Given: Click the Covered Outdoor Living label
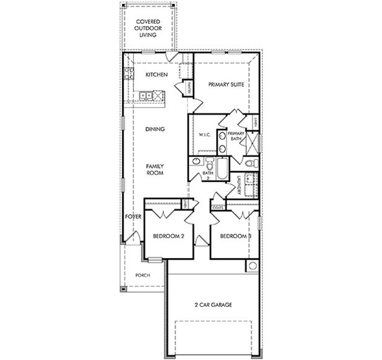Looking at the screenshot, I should pyautogui.click(x=148, y=28).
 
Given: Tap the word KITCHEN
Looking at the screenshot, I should pyautogui.click(x=156, y=75).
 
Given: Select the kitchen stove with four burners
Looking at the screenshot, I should pyautogui.click(x=129, y=73).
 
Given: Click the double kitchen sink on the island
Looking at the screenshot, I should pyautogui.click(x=146, y=95).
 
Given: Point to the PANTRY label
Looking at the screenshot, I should pyautogui.click(x=189, y=88).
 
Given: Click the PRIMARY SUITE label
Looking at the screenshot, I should pyautogui.click(x=226, y=85).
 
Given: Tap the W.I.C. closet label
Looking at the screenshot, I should pyautogui.click(x=205, y=135).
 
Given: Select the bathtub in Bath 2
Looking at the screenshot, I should pyautogui.click(x=222, y=169).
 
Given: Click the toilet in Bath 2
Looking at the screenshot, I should pyautogui.click(x=210, y=163).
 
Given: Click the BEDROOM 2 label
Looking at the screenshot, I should pyautogui.click(x=168, y=236).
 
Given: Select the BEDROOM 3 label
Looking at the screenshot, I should pyautogui.click(x=235, y=236).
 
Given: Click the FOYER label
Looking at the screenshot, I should pyautogui.click(x=133, y=217).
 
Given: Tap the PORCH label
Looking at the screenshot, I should pyautogui.click(x=143, y=275).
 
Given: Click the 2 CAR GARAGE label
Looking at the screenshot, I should pyautogui.click(x=213, y=305).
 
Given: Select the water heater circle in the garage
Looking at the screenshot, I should pyautogui.click(x=252, y=266).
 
